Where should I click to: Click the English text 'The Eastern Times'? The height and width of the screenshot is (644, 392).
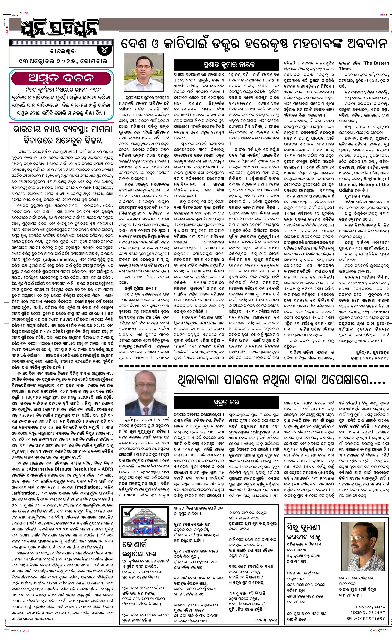[x=363, y=66]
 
